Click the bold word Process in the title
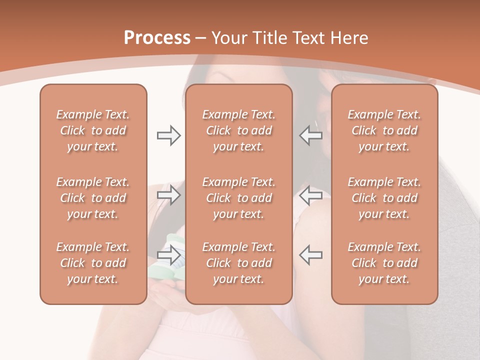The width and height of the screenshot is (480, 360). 157,37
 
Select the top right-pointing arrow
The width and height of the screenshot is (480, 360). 169,135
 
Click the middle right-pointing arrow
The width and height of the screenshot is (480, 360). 169,195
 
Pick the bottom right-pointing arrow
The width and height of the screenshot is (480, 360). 169,254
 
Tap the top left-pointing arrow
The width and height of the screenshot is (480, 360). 310,135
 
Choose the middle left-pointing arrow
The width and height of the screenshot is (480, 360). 310,195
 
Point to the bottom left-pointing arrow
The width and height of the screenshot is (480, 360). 310,254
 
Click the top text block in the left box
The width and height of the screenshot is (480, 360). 93,130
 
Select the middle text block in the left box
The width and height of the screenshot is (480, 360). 93,198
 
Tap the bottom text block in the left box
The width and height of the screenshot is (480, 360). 93,263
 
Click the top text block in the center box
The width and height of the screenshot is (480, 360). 239,130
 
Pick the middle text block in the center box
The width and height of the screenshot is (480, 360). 239,198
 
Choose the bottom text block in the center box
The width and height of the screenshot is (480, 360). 239,263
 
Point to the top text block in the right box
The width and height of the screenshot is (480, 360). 384,130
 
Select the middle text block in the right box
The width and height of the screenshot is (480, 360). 384,198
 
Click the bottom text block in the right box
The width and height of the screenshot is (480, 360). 384,263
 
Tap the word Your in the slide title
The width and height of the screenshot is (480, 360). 228,38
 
